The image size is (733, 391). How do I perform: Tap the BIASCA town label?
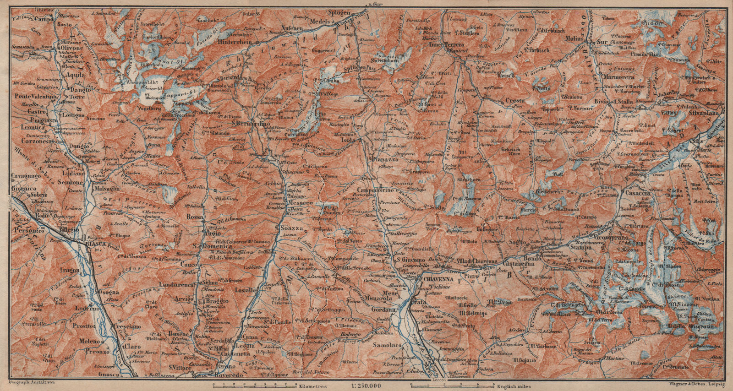click(96, 244)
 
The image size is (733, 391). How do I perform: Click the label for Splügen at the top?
click(339, 13)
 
